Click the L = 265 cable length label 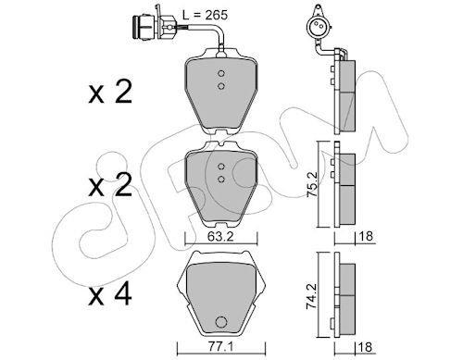click(x=205, y=15)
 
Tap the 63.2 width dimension click(x=220, y=237)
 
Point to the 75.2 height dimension click(x=312, y=184)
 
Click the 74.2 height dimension click(x=312, y=296)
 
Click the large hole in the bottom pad click(x=220, y=322)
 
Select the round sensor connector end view click(x=317, y=27)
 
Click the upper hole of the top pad click(x=220, y=74)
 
